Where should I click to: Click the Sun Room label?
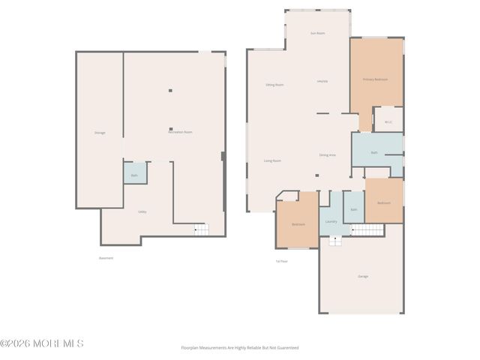tap(317, 33)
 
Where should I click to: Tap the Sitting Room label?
tap(274, 85)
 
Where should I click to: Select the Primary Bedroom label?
tap(375, 79)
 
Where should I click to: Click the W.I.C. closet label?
tap(388, 121)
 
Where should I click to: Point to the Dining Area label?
tap(327, 154)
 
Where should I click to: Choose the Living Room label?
tap(271, 160)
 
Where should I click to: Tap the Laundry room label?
tap(331, 221)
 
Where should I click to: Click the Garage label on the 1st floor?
tap(363, 276)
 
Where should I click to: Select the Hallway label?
tap(322, 81)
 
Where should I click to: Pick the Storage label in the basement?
tap(100, 133)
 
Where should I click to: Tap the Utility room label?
tap(142, 212)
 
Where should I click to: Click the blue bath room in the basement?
tap(135, 175)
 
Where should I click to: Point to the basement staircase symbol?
tap(201, 229)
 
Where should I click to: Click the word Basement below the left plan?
tap(106, 258)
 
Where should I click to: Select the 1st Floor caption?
tap(281, 261)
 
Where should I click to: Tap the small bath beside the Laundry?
tap(353, 209)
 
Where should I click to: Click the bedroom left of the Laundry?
tap(298, 224)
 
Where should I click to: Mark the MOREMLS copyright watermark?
tap(42, 343)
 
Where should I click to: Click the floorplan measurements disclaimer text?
tap(239, 348)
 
